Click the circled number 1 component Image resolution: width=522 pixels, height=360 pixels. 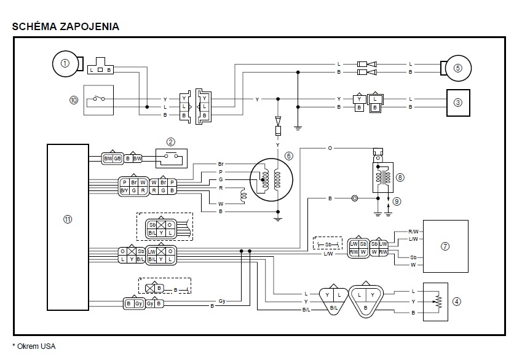click(x=63, y=62)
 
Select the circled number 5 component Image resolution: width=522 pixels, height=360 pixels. click(x=457, y=68)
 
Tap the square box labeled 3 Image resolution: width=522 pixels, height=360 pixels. click(x=457, y=103)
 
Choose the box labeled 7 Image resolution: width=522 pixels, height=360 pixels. click(x=445, y=246)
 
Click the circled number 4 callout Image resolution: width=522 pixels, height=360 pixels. click(x=456, y=301)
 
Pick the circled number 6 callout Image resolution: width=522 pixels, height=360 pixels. click(x=288, y=156)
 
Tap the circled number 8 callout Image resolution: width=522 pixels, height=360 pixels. click(x=400, y=177)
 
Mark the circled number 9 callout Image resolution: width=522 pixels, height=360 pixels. click(x=397, y=200)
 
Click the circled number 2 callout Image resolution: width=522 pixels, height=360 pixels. click(x=171, y=141)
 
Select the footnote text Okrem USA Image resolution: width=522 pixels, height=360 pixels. click(x=34, y=346)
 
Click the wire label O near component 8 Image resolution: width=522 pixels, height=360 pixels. click(x=330, y=149)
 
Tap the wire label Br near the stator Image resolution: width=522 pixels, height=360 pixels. click(x=221, y=164)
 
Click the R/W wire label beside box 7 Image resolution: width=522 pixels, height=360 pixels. click(x=413, y=231)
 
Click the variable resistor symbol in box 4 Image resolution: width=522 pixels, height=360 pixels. click(x=437, y=302)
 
